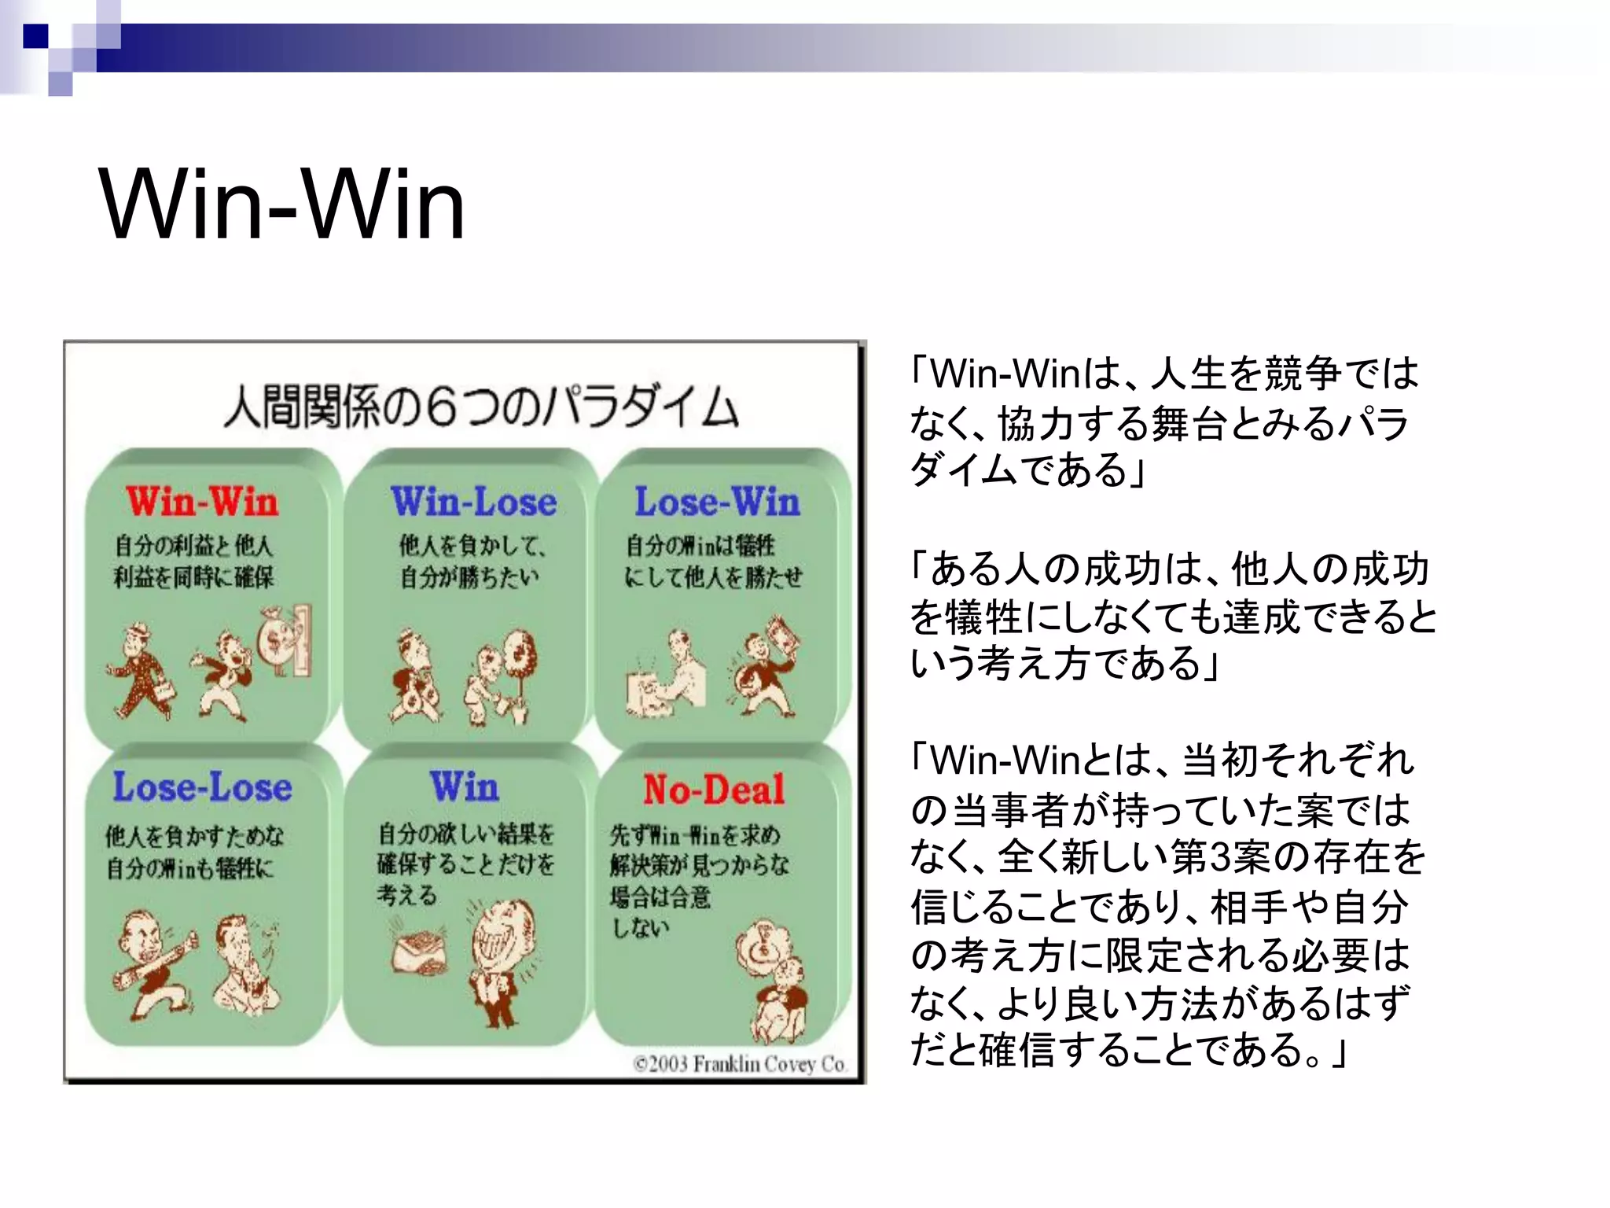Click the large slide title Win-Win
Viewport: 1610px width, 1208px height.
point(281,206)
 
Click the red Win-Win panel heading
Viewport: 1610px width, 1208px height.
point(202,502)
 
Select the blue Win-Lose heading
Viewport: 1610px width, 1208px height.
point(473,502)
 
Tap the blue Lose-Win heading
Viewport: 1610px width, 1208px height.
point(717,502)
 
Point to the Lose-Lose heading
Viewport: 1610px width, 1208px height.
point(202,787)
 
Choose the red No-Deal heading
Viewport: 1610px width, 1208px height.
point(714,789)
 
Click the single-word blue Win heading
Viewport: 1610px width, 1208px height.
point(464,786)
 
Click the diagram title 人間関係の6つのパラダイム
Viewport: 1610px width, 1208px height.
point(480,407)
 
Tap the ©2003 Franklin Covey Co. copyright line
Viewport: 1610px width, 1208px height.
point(739,1064)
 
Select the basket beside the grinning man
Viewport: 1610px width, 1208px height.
point(420,949)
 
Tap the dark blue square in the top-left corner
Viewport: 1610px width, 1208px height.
point(36,36)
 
